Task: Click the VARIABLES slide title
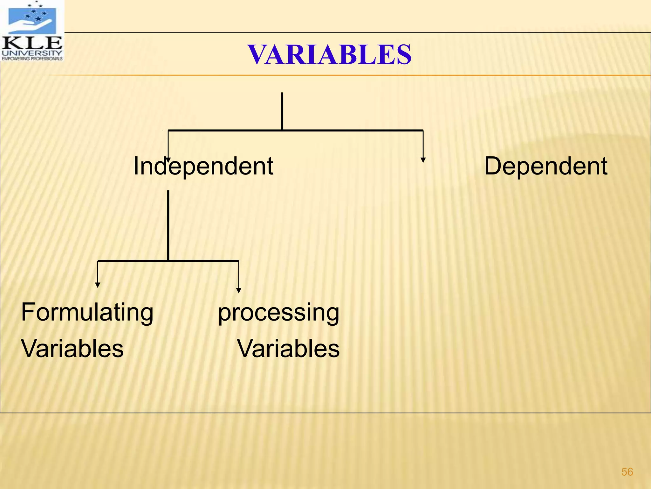pos(329,55)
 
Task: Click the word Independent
pos(203,166)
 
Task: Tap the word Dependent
pos(545,166)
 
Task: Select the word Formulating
pos(87,313)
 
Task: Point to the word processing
pos(278,313)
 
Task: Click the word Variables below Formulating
pos(72,349)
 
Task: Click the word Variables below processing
pos(288,349)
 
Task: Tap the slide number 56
pos(627,472)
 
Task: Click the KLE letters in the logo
pos(32,42)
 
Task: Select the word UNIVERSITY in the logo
pos(32,53)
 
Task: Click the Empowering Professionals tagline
pos(32,59)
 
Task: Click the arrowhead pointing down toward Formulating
pos(98,285)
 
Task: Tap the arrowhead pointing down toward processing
pos(239,290)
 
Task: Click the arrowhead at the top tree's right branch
pos(423,160)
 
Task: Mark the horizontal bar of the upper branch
pos(350,130)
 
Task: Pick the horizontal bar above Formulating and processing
pos(203,261)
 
